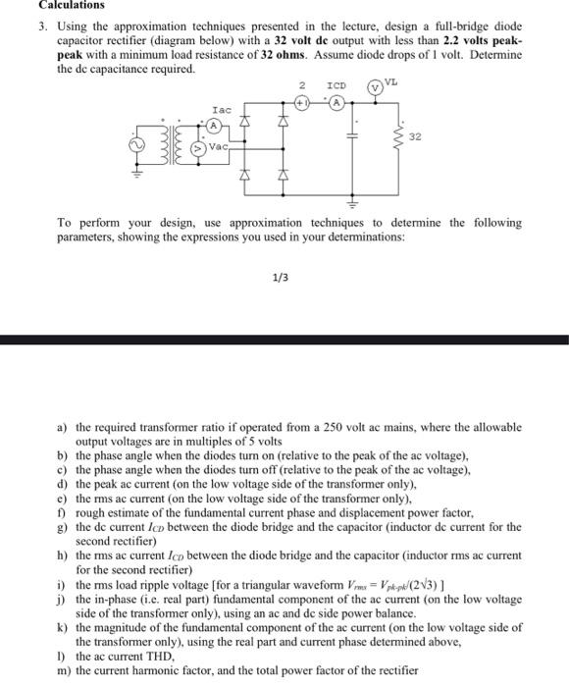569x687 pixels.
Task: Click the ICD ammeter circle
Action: (x=337, y=100)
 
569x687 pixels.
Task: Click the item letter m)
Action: (x=63, y=670)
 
